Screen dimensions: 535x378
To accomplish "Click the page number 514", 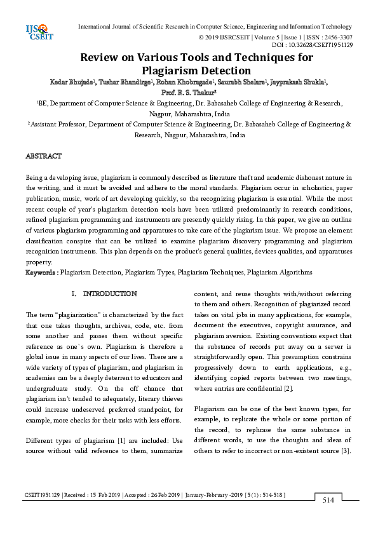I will [x=328, y=500].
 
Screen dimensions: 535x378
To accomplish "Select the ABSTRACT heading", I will [x=43, y=156].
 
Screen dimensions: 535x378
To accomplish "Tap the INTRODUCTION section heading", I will [x=109, y=294].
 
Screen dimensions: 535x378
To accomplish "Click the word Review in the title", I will [x=100, y=58].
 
